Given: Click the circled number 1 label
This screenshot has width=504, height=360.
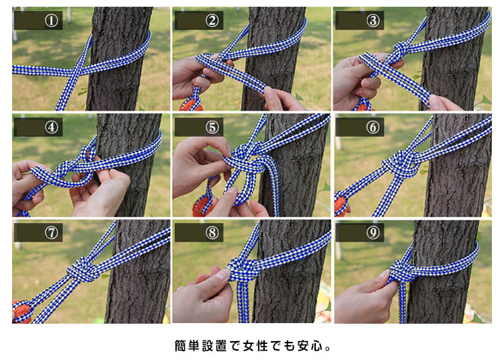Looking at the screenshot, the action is coord(52,21).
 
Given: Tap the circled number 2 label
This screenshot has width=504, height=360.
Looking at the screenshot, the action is coord(212,21).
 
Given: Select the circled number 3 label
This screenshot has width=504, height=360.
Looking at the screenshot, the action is coord(373,21).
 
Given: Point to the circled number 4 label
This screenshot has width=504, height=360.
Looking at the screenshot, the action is coord(52,127).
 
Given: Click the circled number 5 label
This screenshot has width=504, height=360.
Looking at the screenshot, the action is coord(212,127).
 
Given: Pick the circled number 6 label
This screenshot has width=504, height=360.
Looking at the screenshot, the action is coord(373,127).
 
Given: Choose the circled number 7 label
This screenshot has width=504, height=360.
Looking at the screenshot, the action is coord(52,232).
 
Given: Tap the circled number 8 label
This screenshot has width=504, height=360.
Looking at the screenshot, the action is coord(212,232).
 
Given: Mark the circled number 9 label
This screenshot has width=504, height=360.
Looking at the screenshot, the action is coord(373,232).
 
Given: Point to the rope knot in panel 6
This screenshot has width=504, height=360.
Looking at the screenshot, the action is coord(401,164).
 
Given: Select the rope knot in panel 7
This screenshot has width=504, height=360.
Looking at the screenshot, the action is coord(82,270).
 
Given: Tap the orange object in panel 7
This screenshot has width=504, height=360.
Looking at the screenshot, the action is coord(22,312).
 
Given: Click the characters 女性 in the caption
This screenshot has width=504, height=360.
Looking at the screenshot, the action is coord(255,346).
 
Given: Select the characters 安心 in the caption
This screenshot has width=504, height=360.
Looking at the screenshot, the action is coord(310,346).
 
